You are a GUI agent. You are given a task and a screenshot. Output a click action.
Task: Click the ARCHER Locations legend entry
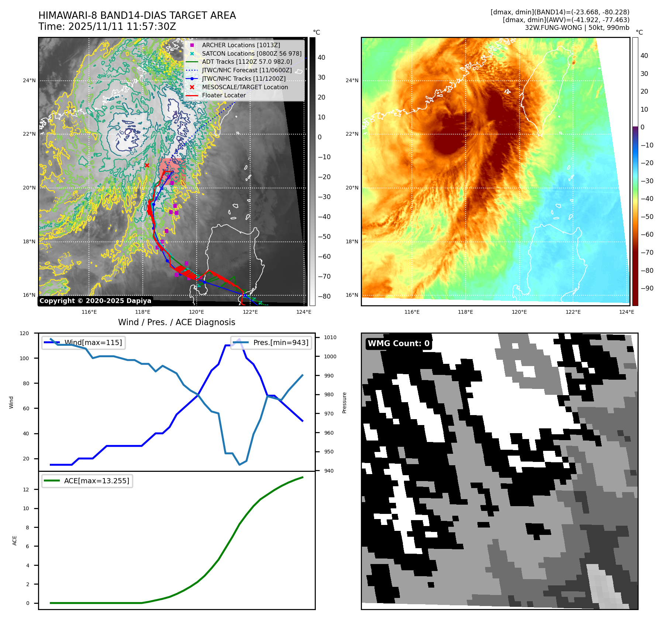[x=241, y=45]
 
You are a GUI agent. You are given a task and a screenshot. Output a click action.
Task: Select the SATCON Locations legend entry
[x=251, y=53]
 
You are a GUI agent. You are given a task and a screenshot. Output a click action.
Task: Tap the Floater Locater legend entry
[x=224, y=95]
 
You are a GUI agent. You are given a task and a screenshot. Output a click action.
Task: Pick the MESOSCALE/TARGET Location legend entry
[x=245, y=87]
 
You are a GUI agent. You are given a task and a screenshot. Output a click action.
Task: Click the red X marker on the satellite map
[x=147, y=165]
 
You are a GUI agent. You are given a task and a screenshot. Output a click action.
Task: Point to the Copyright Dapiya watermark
[x=95, y=301]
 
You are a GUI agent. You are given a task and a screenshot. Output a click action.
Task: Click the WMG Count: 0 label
[x=398, y=344]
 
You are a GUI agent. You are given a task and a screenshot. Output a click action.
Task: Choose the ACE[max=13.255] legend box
[x=87, y=481]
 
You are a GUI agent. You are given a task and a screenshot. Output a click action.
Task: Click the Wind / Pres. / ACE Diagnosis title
[x=176, y=322]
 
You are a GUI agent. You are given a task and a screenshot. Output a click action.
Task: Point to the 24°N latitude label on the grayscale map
[x=30, y=80]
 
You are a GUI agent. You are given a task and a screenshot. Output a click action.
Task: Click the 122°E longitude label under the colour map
[x=573, y=312]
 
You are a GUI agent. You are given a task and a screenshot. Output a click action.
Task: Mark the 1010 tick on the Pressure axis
[x=330, y=337]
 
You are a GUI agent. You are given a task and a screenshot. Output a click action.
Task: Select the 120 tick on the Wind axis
[x=24, y=333]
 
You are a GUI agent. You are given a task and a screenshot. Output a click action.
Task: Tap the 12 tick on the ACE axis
[x=26, y=490]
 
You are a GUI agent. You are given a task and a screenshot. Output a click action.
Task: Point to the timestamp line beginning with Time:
[x=107, y=27]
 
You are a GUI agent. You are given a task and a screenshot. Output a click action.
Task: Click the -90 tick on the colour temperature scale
[x=647, y=288]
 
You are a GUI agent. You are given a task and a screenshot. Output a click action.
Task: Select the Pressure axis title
[x=344, y=403]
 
